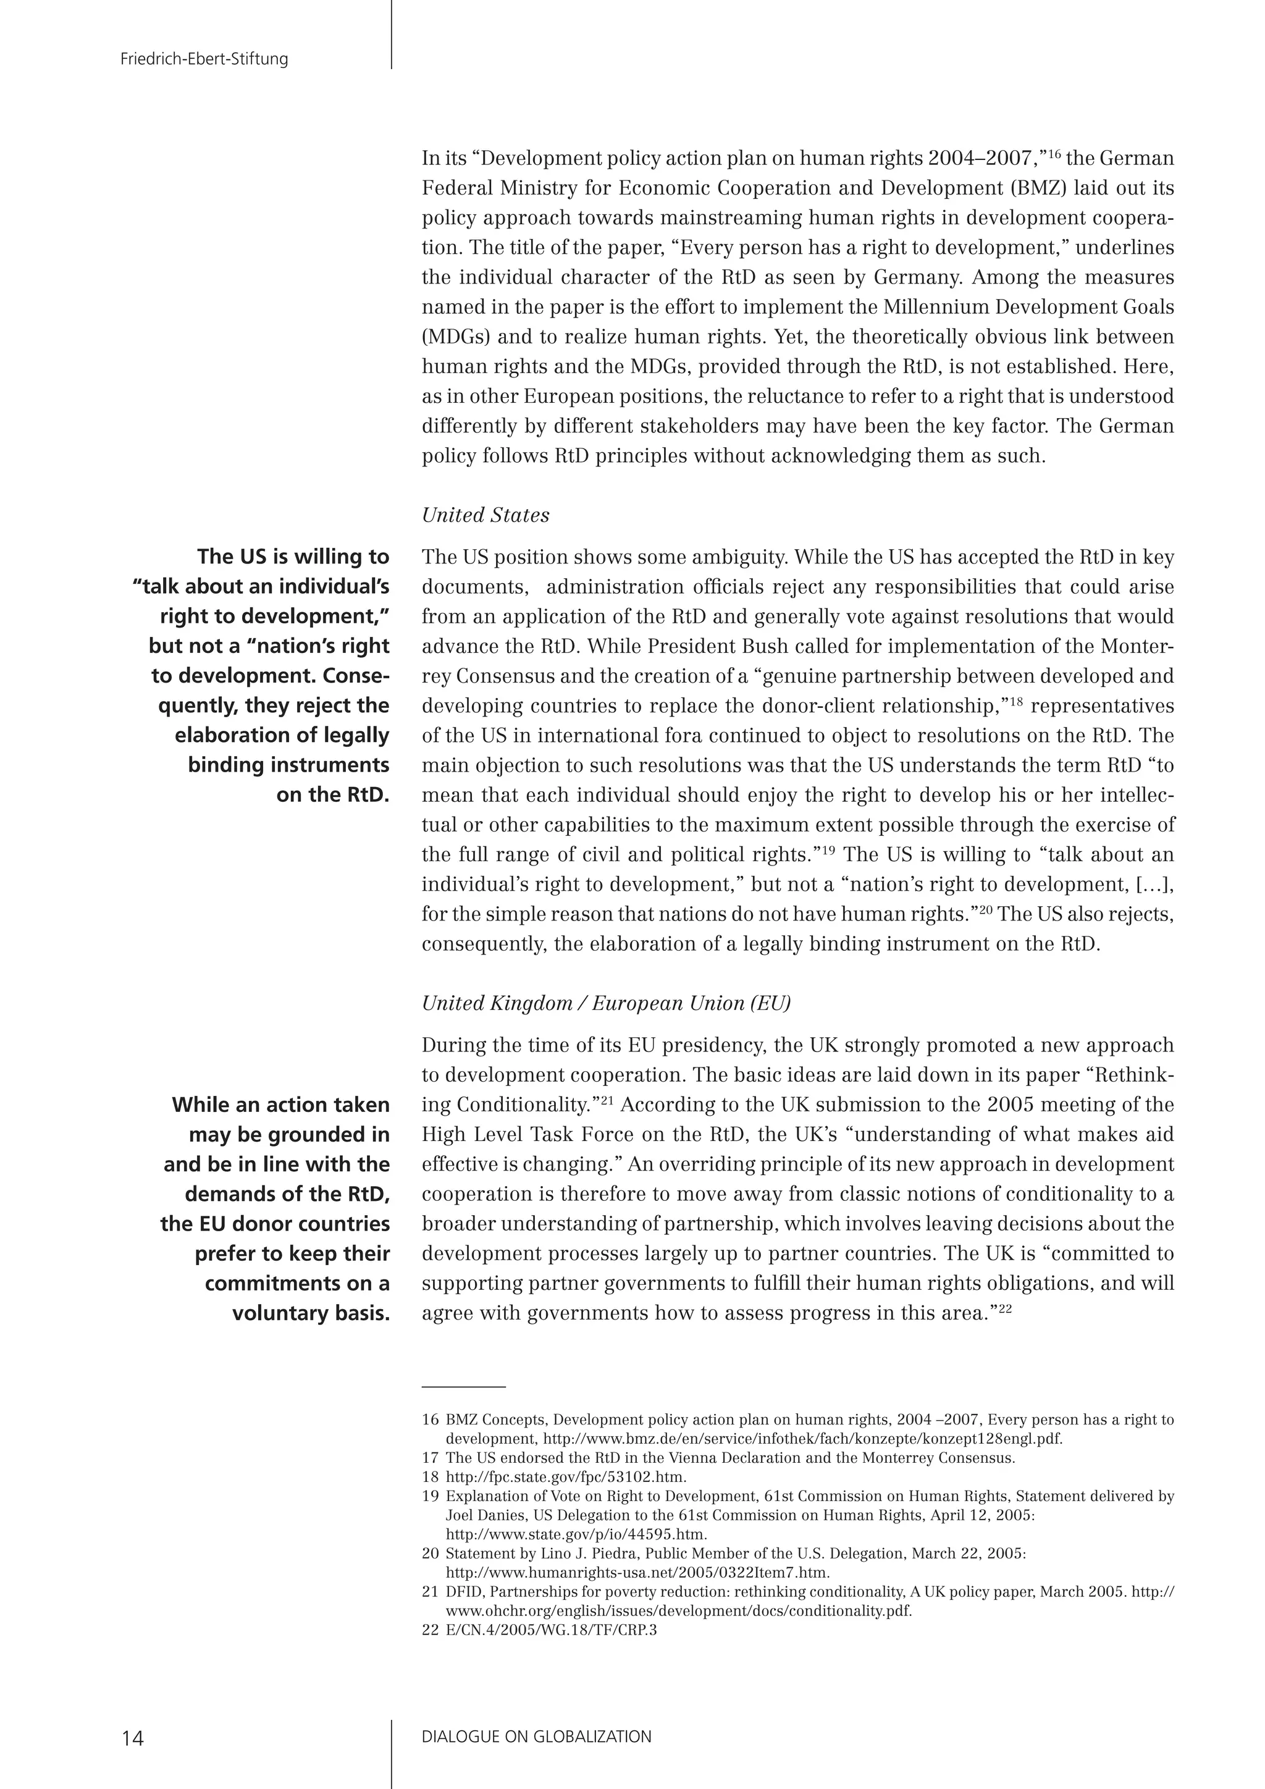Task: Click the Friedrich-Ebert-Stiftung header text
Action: pos(204,59)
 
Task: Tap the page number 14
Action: pos(132,1738)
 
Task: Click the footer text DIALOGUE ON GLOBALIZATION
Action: pos(536,1736)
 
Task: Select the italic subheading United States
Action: pos(485,515)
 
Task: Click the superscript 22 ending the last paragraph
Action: pos(1004,1308)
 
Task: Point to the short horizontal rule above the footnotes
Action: pos(463,1387)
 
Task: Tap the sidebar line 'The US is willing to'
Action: pos(293,557)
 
